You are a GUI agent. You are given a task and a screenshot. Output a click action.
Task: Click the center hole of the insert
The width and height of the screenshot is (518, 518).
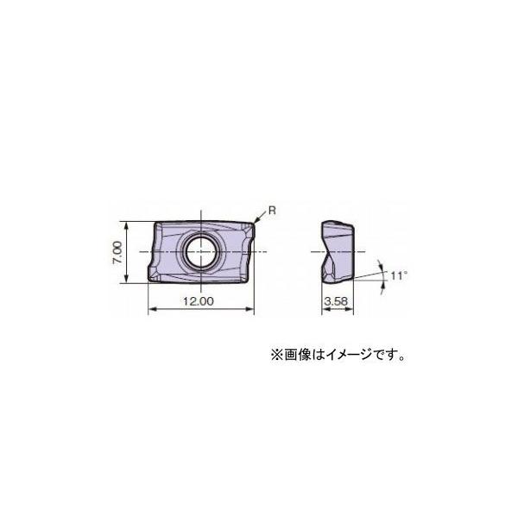[201, 251]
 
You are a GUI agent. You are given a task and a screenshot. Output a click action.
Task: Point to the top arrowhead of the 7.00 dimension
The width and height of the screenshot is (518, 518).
[128, 224]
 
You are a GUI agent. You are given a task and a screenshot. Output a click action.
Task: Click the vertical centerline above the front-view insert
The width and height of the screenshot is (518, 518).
[201, 212]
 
